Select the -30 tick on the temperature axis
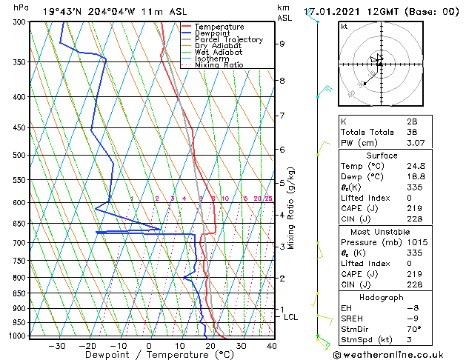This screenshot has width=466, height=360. tap(56, 345)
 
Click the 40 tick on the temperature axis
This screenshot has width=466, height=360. tap(272, 345)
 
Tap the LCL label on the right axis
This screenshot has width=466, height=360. tap(291, 317)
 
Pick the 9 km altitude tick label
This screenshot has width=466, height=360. tap(282, 44)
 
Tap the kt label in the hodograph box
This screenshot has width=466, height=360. tap(344, 27)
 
